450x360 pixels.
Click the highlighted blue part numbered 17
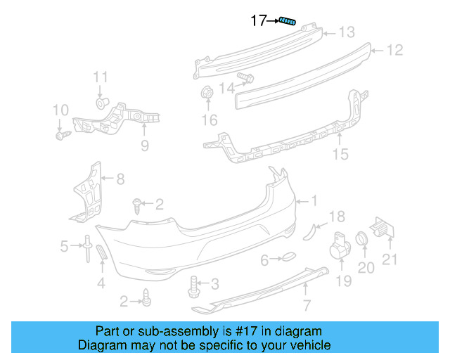[287, 21]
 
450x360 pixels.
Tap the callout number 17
[259, 21]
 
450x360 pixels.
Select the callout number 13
[347, 32]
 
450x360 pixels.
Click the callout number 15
[340, 154]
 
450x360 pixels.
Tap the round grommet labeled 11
[101, 103]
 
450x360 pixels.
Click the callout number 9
[144, 146]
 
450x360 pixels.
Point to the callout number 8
[120, 179]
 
